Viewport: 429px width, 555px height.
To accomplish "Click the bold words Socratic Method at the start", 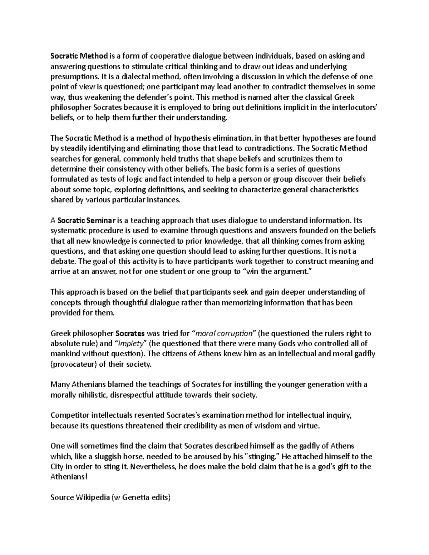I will point(79,56).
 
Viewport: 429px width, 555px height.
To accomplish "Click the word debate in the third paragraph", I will point(61,261).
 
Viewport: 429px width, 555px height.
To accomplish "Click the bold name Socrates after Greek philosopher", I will point(130,333).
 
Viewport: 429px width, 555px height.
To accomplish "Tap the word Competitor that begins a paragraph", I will point(70,415).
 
